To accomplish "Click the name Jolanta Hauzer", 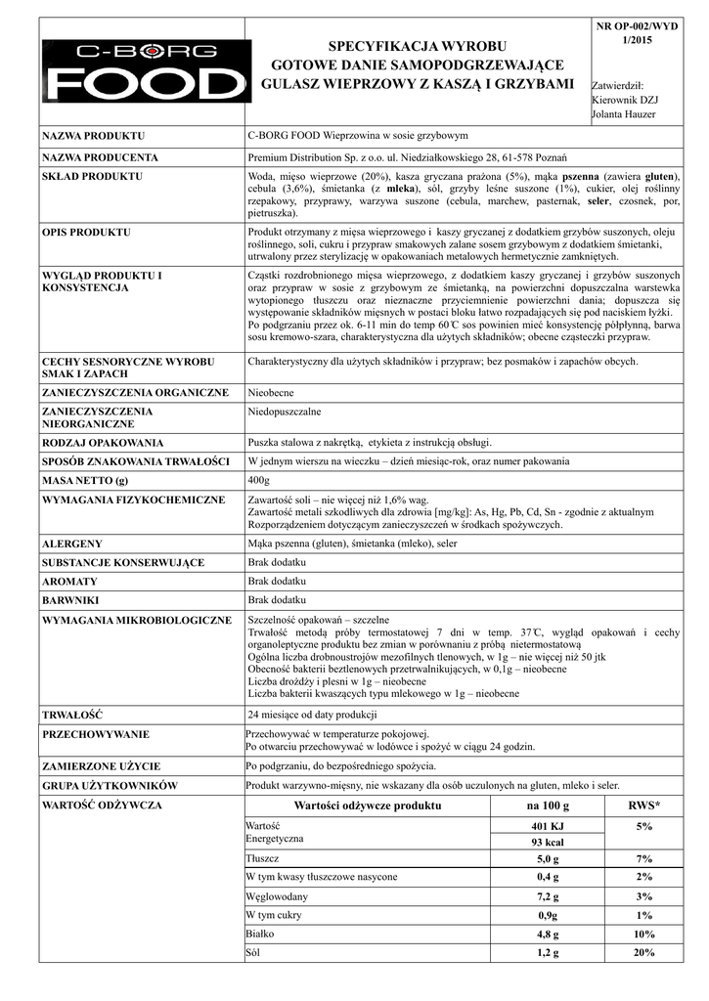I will click(624, 114).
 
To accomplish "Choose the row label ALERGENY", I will click(71, 543).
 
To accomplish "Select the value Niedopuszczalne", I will click(285, 412).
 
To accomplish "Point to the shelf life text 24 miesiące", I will click(311, 715).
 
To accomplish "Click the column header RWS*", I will click(643, 805).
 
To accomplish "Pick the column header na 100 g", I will click(547, 805).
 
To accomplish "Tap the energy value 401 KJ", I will click(548, 827).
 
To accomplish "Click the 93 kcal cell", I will click(548, 843).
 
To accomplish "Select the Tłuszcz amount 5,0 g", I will click(548, 859).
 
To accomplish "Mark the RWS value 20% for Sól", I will click(643, 952).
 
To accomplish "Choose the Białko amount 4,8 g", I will click(548, 934).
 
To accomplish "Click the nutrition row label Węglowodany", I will click(277, 896).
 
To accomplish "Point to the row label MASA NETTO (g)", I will click(85, 481).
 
